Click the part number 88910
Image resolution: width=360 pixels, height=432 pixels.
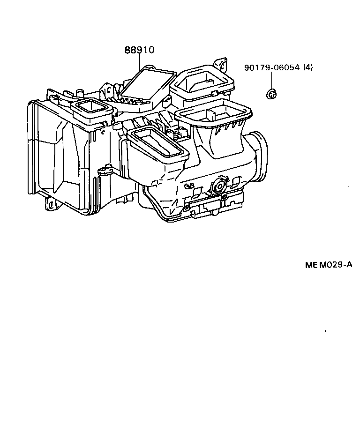pos(139,50)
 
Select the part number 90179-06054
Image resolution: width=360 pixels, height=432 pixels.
pos(271,67)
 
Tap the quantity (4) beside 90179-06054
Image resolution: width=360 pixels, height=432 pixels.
pos(307,67)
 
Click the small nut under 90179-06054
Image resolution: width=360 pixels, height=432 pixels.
pos(271,94)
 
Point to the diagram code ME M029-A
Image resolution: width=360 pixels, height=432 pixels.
pos(328,265)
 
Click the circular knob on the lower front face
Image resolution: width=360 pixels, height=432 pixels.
pos(217,186)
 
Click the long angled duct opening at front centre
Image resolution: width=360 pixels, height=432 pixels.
pos(158,143)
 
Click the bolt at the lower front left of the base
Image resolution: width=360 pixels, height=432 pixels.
pos(187,206)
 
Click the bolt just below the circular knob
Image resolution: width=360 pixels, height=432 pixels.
pos(225,198)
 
